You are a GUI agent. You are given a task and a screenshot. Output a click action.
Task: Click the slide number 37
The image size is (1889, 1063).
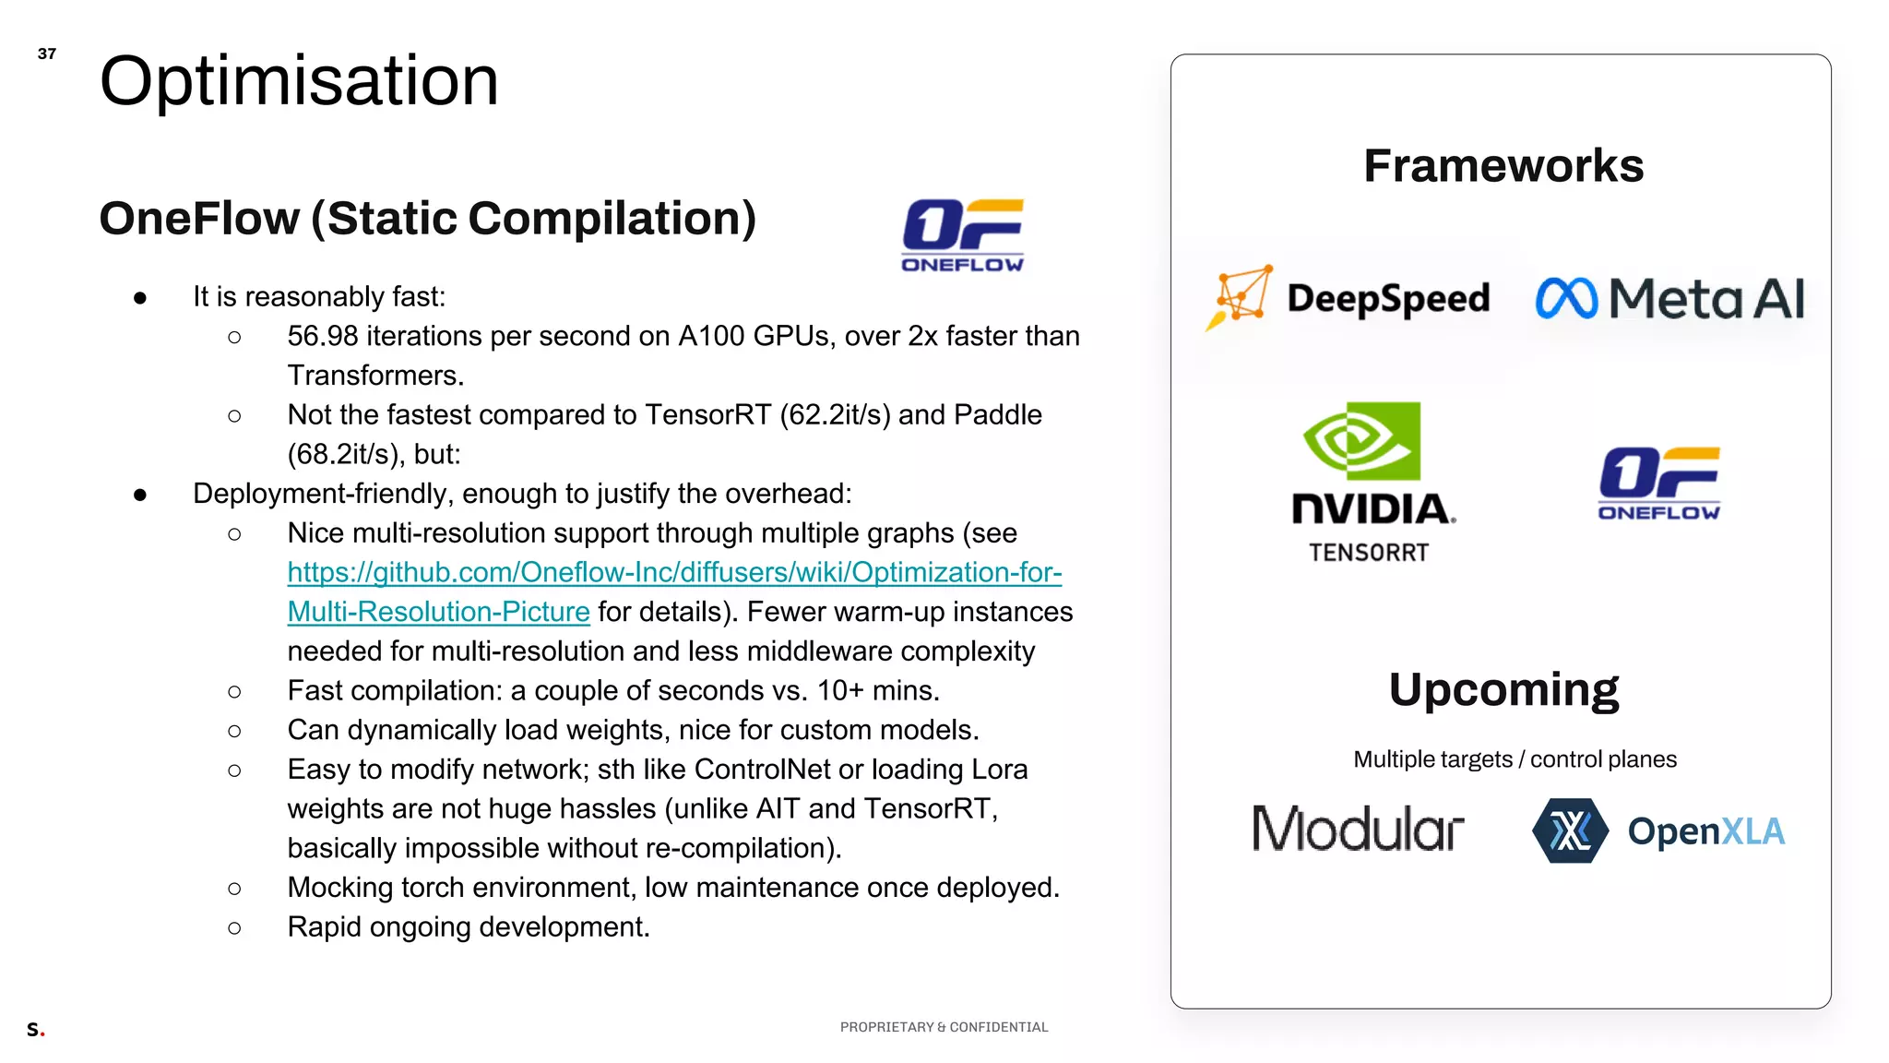(47, 54)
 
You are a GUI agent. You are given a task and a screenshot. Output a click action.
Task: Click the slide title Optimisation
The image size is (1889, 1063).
(299, 81)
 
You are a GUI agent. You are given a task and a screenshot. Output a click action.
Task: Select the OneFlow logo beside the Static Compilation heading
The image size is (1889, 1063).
(962, 236)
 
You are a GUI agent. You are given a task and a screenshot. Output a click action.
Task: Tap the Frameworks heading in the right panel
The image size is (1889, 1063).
(1503, 166)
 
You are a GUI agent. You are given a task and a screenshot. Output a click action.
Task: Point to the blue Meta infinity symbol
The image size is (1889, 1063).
(1566, 299)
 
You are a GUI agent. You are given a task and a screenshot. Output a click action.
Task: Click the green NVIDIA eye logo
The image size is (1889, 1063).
(1361, 441)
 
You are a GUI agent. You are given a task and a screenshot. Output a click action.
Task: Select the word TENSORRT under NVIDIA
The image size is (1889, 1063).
(1369, 553)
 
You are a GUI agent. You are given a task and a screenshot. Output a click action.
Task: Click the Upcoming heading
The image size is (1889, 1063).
(1503, 689)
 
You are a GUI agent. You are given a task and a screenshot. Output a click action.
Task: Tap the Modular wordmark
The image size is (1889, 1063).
(1358, 829)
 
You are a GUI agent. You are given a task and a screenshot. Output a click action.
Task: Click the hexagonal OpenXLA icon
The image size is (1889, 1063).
(1570, 830)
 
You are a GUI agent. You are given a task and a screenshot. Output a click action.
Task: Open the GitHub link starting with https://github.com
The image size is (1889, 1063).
(674, 573)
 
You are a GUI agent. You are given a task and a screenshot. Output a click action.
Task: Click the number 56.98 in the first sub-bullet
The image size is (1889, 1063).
(323, 336)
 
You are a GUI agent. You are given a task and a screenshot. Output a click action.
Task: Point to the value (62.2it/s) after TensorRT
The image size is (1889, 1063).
(835, 415)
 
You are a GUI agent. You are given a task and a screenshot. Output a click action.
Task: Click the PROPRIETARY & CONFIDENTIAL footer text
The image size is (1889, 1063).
(944, 1027)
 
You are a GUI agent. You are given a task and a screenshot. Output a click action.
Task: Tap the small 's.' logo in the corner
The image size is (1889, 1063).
(35, 1029)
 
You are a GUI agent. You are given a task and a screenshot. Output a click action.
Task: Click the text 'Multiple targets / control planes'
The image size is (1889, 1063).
(1515, 759)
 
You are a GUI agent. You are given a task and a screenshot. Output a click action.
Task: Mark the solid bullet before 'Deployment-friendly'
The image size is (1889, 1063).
(140, 495)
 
